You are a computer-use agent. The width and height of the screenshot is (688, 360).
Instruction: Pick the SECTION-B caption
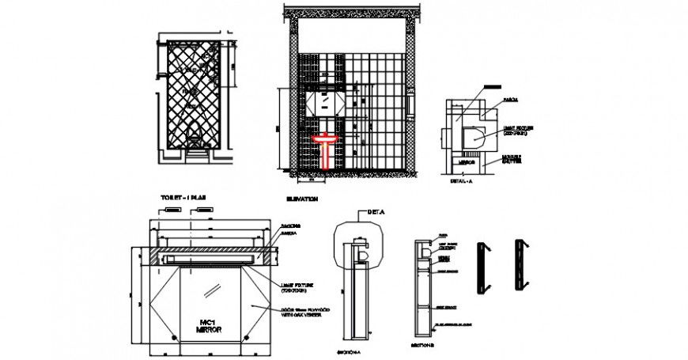pyautogui.click(x=424, y=347)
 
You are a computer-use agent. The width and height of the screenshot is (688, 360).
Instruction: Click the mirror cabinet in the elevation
pyautogui.click(x=324, y=103)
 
